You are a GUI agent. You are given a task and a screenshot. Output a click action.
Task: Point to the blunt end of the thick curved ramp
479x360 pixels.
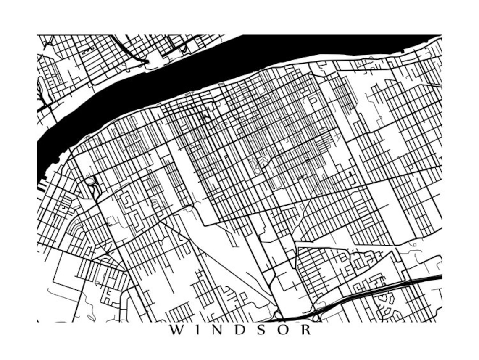point(147,62)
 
